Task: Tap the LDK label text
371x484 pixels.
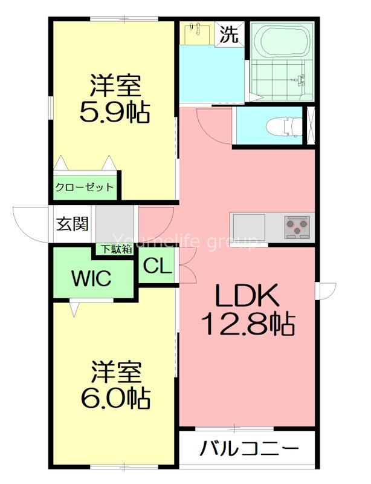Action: pos(247,296)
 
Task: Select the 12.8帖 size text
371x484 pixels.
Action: pos(247,325)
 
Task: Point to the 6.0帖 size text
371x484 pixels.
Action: pos(115,397)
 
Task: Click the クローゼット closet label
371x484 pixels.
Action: pos(85,187)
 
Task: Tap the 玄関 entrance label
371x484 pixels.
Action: pos(73,224)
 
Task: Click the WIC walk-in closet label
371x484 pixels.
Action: pos(91,279)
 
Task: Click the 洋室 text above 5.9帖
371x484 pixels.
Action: pos(115,85)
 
